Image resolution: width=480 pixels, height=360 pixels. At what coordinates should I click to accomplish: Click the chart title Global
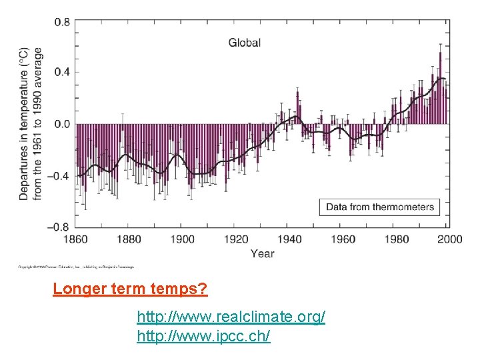[245, 43]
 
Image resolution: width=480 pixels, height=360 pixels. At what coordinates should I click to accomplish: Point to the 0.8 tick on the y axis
[62, 22]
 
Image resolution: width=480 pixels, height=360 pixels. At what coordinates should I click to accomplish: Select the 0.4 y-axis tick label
[62, 72]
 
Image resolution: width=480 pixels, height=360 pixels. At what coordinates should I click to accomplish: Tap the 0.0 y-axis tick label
[62, 124]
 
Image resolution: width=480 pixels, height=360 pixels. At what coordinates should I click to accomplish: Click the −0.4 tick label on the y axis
[59, 176]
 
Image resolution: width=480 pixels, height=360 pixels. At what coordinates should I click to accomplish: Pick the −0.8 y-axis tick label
[59, 227]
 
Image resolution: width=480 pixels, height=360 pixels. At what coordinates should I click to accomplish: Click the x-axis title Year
[262, 253]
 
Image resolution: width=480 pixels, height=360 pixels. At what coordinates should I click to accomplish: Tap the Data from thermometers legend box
[380, 207]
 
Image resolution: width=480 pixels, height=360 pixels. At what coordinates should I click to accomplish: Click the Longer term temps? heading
[131, 289]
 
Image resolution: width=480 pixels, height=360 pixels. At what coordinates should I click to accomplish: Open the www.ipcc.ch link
[203, 336]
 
